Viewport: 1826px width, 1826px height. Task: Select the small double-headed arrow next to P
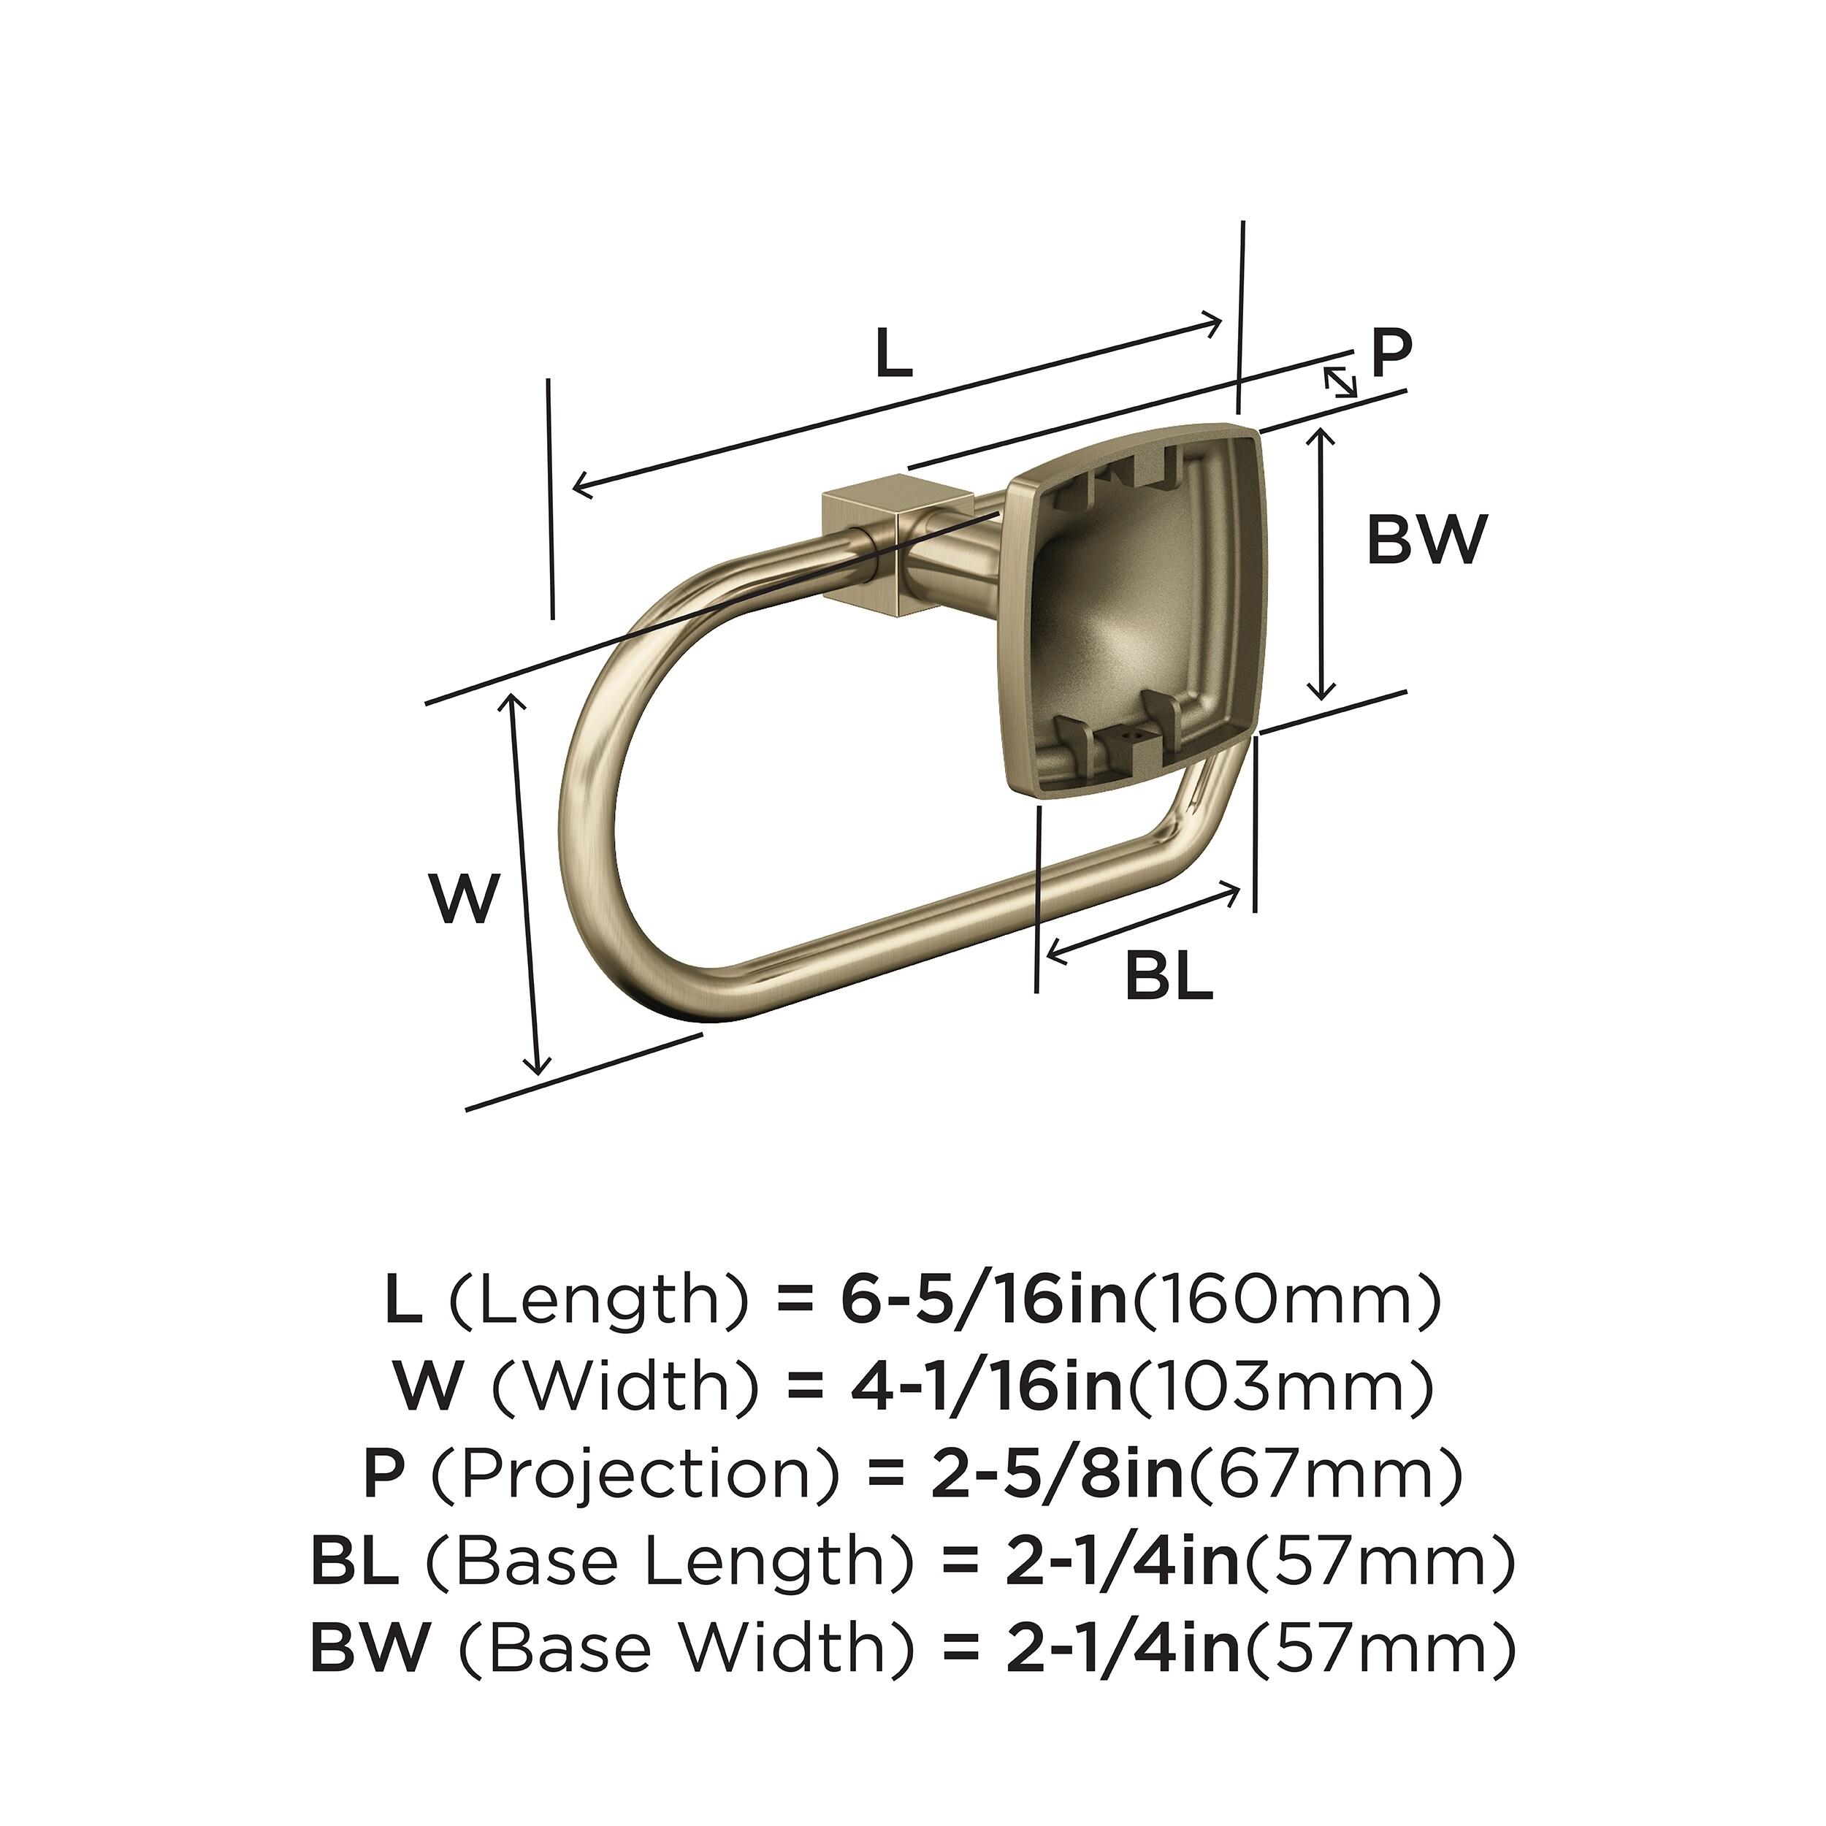pos(1340,382)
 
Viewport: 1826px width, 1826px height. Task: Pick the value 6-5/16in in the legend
pos(983,1302)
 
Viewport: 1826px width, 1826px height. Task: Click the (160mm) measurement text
pos(1286,1302)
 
